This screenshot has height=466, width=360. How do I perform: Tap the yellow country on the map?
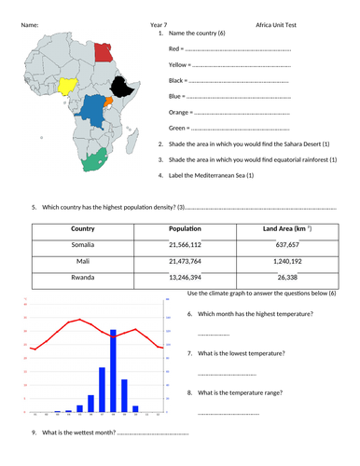coord(68,89)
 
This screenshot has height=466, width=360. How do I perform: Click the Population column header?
coord(186,229)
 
